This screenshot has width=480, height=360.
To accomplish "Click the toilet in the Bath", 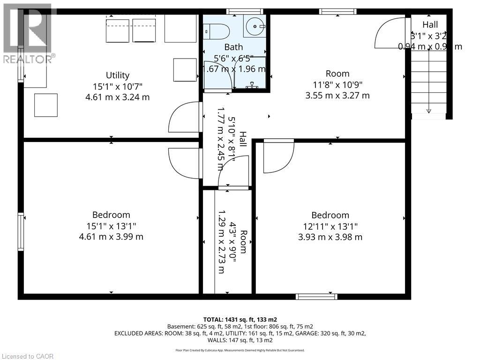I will pyautogui.click(x=217, y=31).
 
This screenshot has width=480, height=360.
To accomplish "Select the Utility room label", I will pyautogui.click(x=117, y=75).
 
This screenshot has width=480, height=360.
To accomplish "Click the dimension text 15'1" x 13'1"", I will pyautogui.click(x=111, y=226).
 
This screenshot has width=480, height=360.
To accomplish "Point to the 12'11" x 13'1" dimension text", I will pyautogui.click(x=330, y=226).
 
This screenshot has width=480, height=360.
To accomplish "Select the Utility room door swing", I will pyautogui.click(x=183, y=117).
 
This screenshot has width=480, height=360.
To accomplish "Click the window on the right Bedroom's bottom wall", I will pyautogui.click(x=316, y=296).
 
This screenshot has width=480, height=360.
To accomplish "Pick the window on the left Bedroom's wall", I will pyautogui.click(x=21, y=232).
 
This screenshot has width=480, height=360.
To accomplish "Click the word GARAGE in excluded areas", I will pyautogui.click(x=320, y=333).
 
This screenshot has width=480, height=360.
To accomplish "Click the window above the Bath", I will pyautogui.click(x=244, y=11).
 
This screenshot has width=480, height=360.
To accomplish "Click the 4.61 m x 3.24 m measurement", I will pyautogui.click(x=117, y=97).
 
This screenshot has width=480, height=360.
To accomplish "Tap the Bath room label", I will pyautogui.click(x=233, y=47).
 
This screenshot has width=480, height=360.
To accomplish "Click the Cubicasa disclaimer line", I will pyautogui.click(x=240, y=350).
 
